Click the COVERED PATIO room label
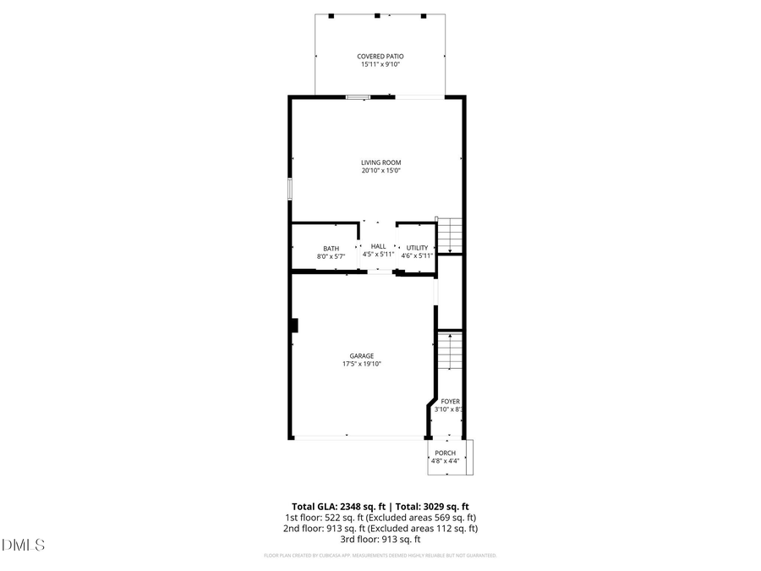coord(380,57)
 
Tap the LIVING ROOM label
coord(380,162)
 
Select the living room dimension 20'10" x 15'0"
coord(380,171)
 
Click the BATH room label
coord(331,248)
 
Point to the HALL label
coord(378,246)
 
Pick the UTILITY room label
coord(417,248)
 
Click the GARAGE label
coord(362,356)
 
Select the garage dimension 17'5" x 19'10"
coord(362,365)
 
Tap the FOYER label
coord(450,402)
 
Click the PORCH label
coord(445,453)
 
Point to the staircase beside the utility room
coord(451,235)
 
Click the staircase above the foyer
coord(451,351)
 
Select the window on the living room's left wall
coord(289,188)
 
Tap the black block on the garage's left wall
coord(293,325)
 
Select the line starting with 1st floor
coord(380,517)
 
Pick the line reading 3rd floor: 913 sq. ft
coord(380,539)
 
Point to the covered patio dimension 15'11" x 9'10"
coord(380,65)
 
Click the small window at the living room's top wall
coord(359,97)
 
